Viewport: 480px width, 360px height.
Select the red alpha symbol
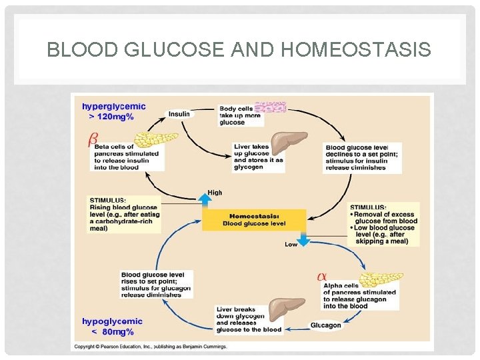321,275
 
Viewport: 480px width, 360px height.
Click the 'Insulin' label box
179,114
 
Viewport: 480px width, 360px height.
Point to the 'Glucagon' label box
325,325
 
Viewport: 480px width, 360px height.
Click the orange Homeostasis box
253,219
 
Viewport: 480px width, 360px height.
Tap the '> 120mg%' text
111,117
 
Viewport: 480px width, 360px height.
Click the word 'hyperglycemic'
113,106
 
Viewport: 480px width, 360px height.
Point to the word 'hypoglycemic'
112,321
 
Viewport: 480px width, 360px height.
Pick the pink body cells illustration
271,107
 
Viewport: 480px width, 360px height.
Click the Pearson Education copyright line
150,347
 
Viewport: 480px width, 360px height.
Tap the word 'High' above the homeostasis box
215,193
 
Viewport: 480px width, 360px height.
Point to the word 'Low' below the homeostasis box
291,244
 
